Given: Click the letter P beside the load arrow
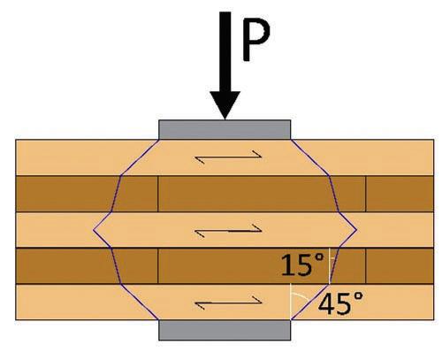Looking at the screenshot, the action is pos(255,39).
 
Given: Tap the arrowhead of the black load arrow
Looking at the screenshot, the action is pos(225,105).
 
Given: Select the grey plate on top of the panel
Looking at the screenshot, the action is pos(225,129).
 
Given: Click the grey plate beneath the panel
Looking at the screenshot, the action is pos(225,330).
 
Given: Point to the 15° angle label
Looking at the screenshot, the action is pos(302,264).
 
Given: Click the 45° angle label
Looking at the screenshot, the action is pos(340,303).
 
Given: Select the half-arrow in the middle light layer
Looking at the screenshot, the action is pos(228,230).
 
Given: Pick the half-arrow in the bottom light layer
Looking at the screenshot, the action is pos(228,303).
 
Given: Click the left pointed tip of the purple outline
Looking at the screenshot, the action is pos(94,230).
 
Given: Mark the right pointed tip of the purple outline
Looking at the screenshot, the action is pos(357,230).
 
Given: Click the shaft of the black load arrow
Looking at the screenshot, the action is pos(225,52).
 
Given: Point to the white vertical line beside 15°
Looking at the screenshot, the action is pos(329,266).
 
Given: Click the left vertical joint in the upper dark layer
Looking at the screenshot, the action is pos(158,194).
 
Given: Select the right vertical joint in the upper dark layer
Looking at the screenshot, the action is pos(366,194).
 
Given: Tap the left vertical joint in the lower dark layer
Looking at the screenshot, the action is pos(158,266).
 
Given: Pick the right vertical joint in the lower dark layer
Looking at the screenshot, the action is pos(366,266).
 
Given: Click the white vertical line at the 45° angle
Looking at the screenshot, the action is pos(290,302).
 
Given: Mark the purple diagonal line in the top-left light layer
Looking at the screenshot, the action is pos(140,157).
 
